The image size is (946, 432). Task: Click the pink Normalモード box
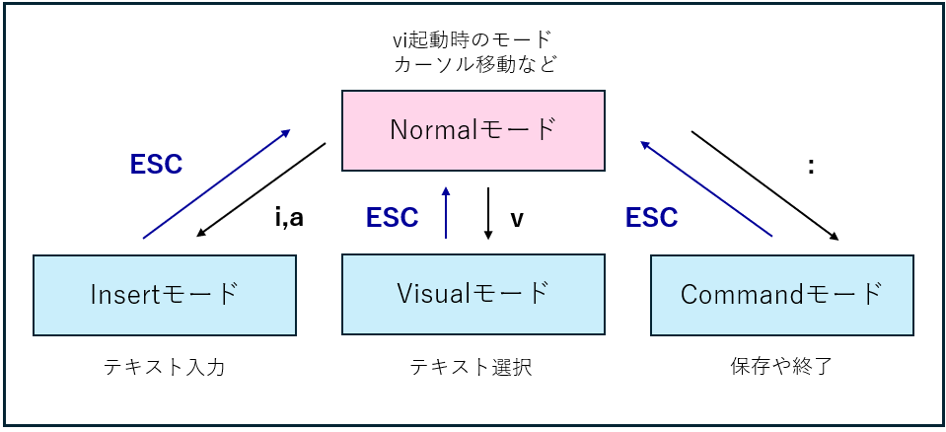click(x=473, y=129)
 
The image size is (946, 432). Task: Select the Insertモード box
click(x=165, y=294)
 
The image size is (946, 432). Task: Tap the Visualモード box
click(x=473, y=294)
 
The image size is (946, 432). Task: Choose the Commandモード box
click(x=781, y=294)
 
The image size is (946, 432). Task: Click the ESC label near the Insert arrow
click(x=156, y=165)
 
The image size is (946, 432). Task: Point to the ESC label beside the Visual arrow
click(x=392, y=217)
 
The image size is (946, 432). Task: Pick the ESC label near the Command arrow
click(x=651, y=217)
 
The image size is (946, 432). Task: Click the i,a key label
click(x=289, y=217)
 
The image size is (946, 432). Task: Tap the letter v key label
click(x=516, y=217)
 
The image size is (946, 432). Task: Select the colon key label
click(x=810, y=167)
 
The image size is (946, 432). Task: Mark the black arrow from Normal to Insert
click(x=261, y=190)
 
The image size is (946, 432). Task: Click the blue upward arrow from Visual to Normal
click(x=447, y=212)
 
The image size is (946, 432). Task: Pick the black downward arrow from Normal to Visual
click(x=488, y=212)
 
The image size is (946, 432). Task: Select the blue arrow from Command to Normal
click(x=705, y=188)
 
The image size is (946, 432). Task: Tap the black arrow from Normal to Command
click(x=764, y=185)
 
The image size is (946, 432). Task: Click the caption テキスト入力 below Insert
click(x=165, y=368)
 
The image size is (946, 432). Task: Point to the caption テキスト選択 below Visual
click(x=473, y=368)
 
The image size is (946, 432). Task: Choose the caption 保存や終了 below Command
click(x=781, y=368)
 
